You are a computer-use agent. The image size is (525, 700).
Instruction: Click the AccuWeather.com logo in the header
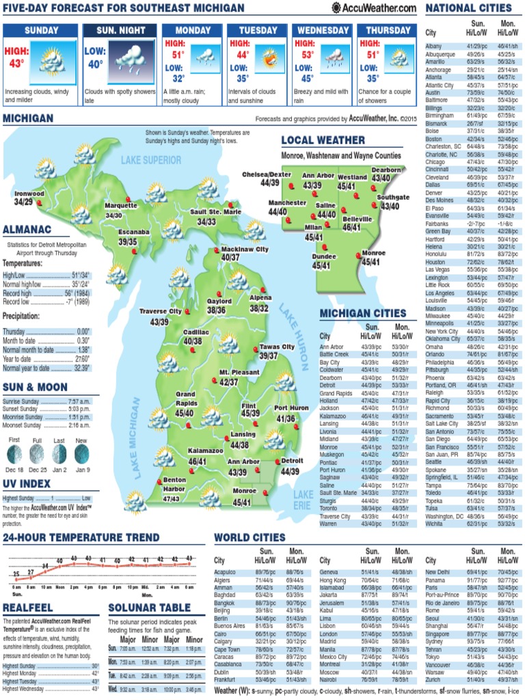[374, 8]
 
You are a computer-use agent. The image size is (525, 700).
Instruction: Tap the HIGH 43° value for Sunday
[16, 57]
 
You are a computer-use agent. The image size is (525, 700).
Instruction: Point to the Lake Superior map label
[151, 160]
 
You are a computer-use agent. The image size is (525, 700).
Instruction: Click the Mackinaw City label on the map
[245, 250]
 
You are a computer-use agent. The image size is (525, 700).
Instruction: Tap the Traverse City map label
[161, 311]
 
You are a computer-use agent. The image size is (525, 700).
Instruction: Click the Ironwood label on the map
[29, 193]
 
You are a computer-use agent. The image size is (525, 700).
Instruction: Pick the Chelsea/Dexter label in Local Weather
[267, 174]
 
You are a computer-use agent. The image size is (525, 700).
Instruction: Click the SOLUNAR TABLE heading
[149, 608]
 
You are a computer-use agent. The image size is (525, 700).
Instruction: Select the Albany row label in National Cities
[433, 46]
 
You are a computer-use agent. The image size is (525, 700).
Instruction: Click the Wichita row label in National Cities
[434, 524]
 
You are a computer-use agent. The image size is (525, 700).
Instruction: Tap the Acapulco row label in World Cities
[225, 571]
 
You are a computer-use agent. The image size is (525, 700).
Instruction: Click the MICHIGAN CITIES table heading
[363, 313]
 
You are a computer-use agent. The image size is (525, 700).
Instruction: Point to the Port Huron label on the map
[291, 408]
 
